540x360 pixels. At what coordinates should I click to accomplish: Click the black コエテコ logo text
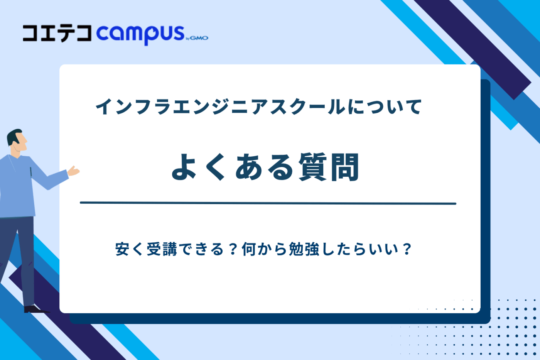click(x=57, y=34)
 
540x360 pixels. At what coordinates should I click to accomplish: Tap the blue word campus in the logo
click(x=140, y=34)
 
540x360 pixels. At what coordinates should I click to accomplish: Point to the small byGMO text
click(x=197, y=38)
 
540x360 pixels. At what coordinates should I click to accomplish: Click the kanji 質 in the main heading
click(x=312, y=167)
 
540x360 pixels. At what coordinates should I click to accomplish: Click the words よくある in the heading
click(x=233, y=167)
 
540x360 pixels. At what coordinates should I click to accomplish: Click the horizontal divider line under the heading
click(x=268, y=203)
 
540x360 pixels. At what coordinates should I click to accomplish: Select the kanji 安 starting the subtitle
click(x=122, y=250)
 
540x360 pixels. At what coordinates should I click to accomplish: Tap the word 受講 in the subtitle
click(x=162, y=250)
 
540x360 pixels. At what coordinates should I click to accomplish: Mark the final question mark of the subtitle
click(x=407, y=250)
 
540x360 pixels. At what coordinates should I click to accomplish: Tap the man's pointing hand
click(x=73, y=171)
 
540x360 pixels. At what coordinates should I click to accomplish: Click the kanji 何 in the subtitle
click(x=249, y=250)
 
